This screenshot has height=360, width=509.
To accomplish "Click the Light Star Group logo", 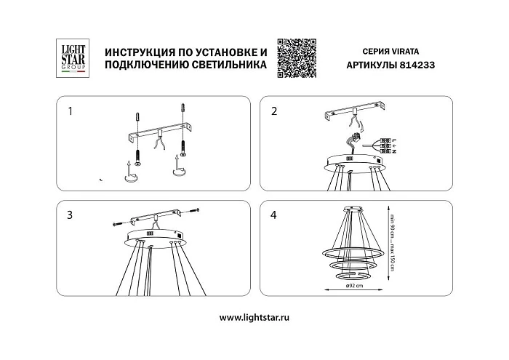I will [x=69, y=57].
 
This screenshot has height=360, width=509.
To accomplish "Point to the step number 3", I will [x=70, y=215].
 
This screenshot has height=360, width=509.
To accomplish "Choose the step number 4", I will [x=273, y=215].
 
